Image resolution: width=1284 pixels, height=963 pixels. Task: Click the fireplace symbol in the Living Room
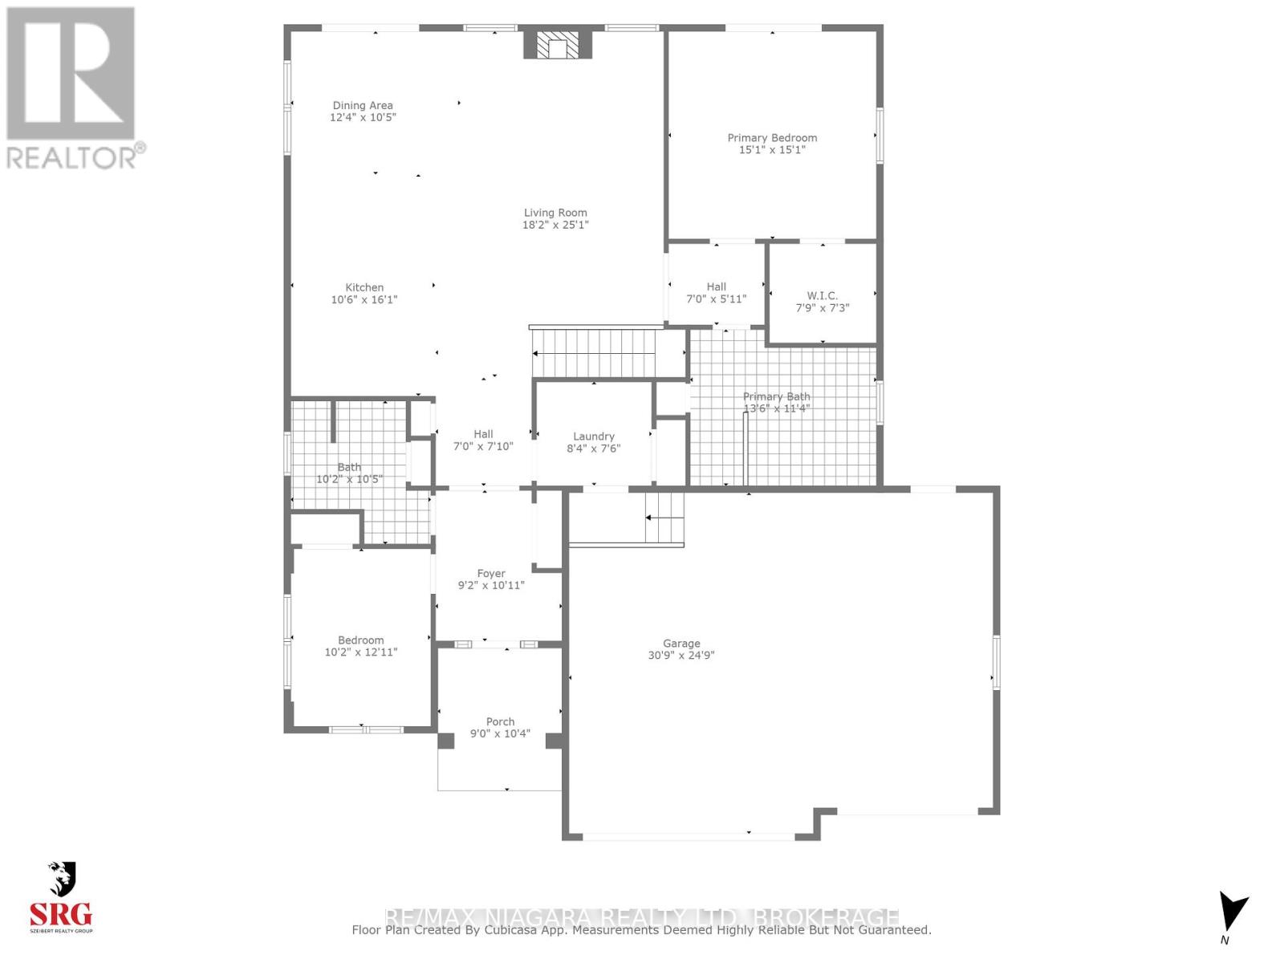tap(558, 45)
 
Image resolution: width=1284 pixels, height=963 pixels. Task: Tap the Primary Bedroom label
tap(772, 138)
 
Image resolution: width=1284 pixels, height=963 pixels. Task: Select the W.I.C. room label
tap(822, 295)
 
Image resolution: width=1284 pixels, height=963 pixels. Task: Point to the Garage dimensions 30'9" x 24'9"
tap(681, 655)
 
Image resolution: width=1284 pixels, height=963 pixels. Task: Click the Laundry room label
tap(593, 437)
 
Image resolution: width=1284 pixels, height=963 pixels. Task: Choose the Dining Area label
tap(363, 105)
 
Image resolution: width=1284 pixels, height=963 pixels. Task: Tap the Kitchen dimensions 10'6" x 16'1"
tap(364, 299)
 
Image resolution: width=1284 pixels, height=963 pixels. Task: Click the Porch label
tap(500, 721)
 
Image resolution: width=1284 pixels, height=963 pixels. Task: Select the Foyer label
tap(491, 573)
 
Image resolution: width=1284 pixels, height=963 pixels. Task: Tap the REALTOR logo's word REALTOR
tap(72, 157)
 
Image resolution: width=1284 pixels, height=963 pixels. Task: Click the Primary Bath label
tap(776, 396)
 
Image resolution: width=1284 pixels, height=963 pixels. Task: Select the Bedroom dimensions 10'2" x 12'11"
tap(360, 652)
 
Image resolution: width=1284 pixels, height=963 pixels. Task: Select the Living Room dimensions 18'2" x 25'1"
tap(555, 225)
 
